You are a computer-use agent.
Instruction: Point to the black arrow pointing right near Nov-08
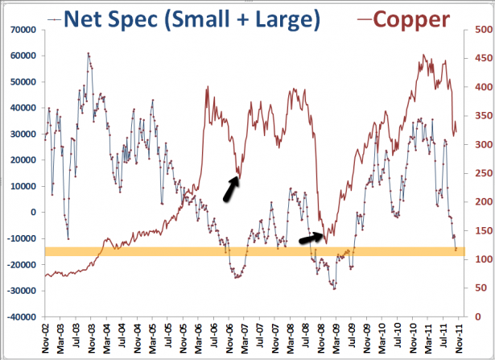pyautogui.click(x=311, y=238)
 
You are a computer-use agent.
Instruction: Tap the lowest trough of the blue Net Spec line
pyautogui.click(x=334, y=288)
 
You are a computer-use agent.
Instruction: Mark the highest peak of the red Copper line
pyautogui.click(x=423, y=55)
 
